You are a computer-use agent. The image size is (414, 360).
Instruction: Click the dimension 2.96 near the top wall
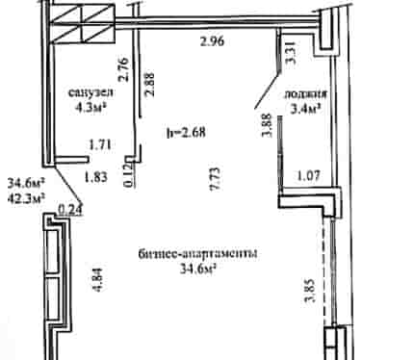pyautogui.click(x=212, y=41)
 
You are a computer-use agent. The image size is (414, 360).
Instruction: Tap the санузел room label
pyautogui.click(x=91, y=92)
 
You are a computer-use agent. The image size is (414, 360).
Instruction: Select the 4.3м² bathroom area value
pyautogui.click(x=91, y=108)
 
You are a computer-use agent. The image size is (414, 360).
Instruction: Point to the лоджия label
pyautogui.click(x=305, y=94)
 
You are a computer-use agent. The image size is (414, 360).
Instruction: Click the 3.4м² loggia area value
pyautogui.click(x=306, y=109)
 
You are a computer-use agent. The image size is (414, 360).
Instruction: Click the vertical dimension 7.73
pyautogui.click(x=216, y=179)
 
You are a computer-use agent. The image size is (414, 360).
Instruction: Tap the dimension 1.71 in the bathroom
pyautogui.click(x=100, y=145)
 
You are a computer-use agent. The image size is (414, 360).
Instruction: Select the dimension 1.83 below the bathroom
pyautogui.click(x=95, y=177)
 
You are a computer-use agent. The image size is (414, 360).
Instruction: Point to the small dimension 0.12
pyautogui.click(x=128, y=175)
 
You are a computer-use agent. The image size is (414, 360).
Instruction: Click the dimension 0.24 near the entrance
pyautogui.click(x=70, y=209)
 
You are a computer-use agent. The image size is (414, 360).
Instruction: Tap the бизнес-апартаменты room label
pyautogui.click(x=197, y=254)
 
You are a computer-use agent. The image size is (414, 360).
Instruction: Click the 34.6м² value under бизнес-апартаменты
pyautogui.click(x=196, y=269)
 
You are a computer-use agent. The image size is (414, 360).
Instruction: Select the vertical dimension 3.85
pyautogui.click(x=311, y=291)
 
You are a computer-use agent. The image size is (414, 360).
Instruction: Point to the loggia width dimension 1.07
pyautogui.click(x=308, y=176)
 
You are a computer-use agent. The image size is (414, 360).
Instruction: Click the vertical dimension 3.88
pyautogui.click(x=267, y=125)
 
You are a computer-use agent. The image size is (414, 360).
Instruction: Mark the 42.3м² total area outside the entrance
pyautogui.click(x=26, y=198)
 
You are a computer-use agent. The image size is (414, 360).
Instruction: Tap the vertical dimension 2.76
pyautogui.click(x=123, y=69)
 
